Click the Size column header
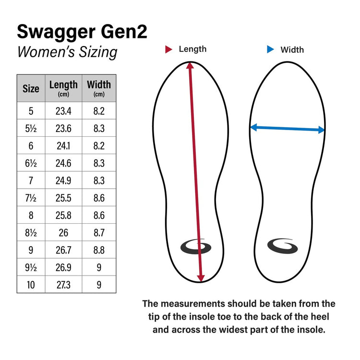point(31,88)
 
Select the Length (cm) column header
point(63,88)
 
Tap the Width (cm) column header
point(99,88)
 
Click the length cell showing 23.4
point(63,111)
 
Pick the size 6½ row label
point(31,163)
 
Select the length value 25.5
point(63,198)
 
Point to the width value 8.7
point(99,233)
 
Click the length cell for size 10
point(63,285)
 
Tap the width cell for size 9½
point(99,267)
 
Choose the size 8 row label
point(31,216)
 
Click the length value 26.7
point(63,250)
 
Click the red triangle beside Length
point(168,49)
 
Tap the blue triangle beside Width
point(270,49)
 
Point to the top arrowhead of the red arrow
point(190,65)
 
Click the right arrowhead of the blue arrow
point(322,130)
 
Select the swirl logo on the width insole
point(282,246)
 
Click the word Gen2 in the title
point(124,32)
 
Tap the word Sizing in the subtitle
point(98,52)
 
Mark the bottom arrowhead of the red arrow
point(201,278)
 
